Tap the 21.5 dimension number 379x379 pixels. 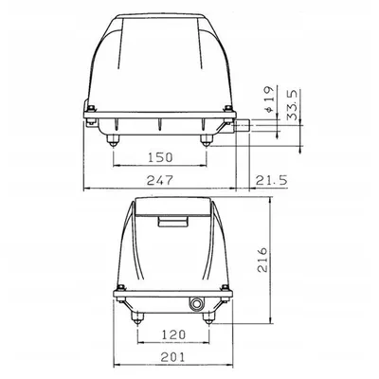270,178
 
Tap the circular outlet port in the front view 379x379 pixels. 196,304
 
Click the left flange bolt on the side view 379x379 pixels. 91,117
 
